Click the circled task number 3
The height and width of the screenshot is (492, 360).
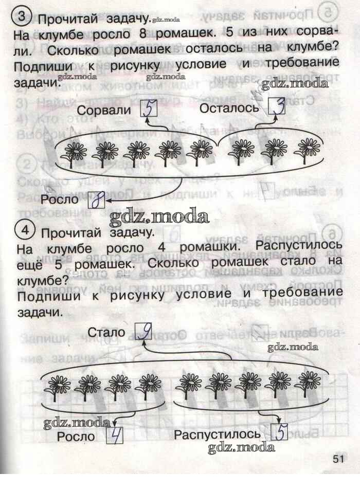22,17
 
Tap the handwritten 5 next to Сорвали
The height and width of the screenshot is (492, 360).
149,108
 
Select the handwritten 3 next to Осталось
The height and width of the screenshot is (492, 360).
277,107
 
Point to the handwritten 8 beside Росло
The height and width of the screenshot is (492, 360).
96,200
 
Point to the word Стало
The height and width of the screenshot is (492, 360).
106,333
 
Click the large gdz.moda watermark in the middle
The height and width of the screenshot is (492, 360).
159,217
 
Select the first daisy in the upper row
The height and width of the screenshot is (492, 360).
77,153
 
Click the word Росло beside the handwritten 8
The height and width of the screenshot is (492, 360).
60,199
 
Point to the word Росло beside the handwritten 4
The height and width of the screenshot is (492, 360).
76,436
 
